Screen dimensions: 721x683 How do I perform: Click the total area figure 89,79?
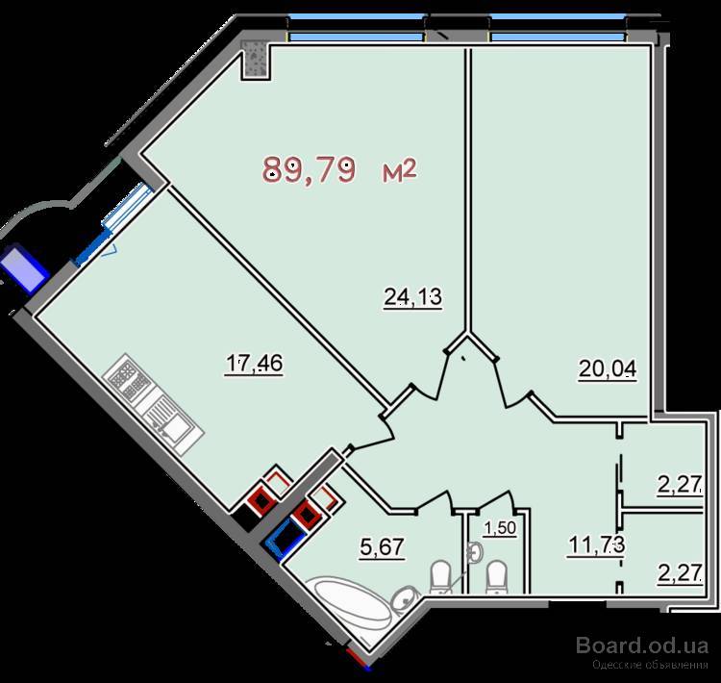point(309,170)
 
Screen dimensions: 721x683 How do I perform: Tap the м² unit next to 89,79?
point(399,170)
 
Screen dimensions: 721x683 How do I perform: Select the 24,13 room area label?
point(413,297)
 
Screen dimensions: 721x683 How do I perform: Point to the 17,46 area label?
point(254,364)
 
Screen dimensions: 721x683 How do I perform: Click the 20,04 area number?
point(608,368)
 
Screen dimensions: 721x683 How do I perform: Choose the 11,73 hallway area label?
point(596,544)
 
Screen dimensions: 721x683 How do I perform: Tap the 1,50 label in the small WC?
point(500,528)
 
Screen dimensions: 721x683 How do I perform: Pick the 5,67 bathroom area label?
point(382,547)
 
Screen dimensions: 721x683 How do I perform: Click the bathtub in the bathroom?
point(351,603)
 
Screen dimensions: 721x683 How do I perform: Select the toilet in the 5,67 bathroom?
point(441,577)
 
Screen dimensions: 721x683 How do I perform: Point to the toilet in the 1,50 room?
point(498,577)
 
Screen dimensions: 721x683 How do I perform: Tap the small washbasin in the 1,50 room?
point(475,552)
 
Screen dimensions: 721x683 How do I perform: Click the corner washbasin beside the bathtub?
point(404,598)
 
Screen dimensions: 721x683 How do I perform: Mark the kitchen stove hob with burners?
point(126,375)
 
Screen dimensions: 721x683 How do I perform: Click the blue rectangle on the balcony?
point(24,268)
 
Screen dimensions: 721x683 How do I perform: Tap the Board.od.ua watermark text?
point(642,645)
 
